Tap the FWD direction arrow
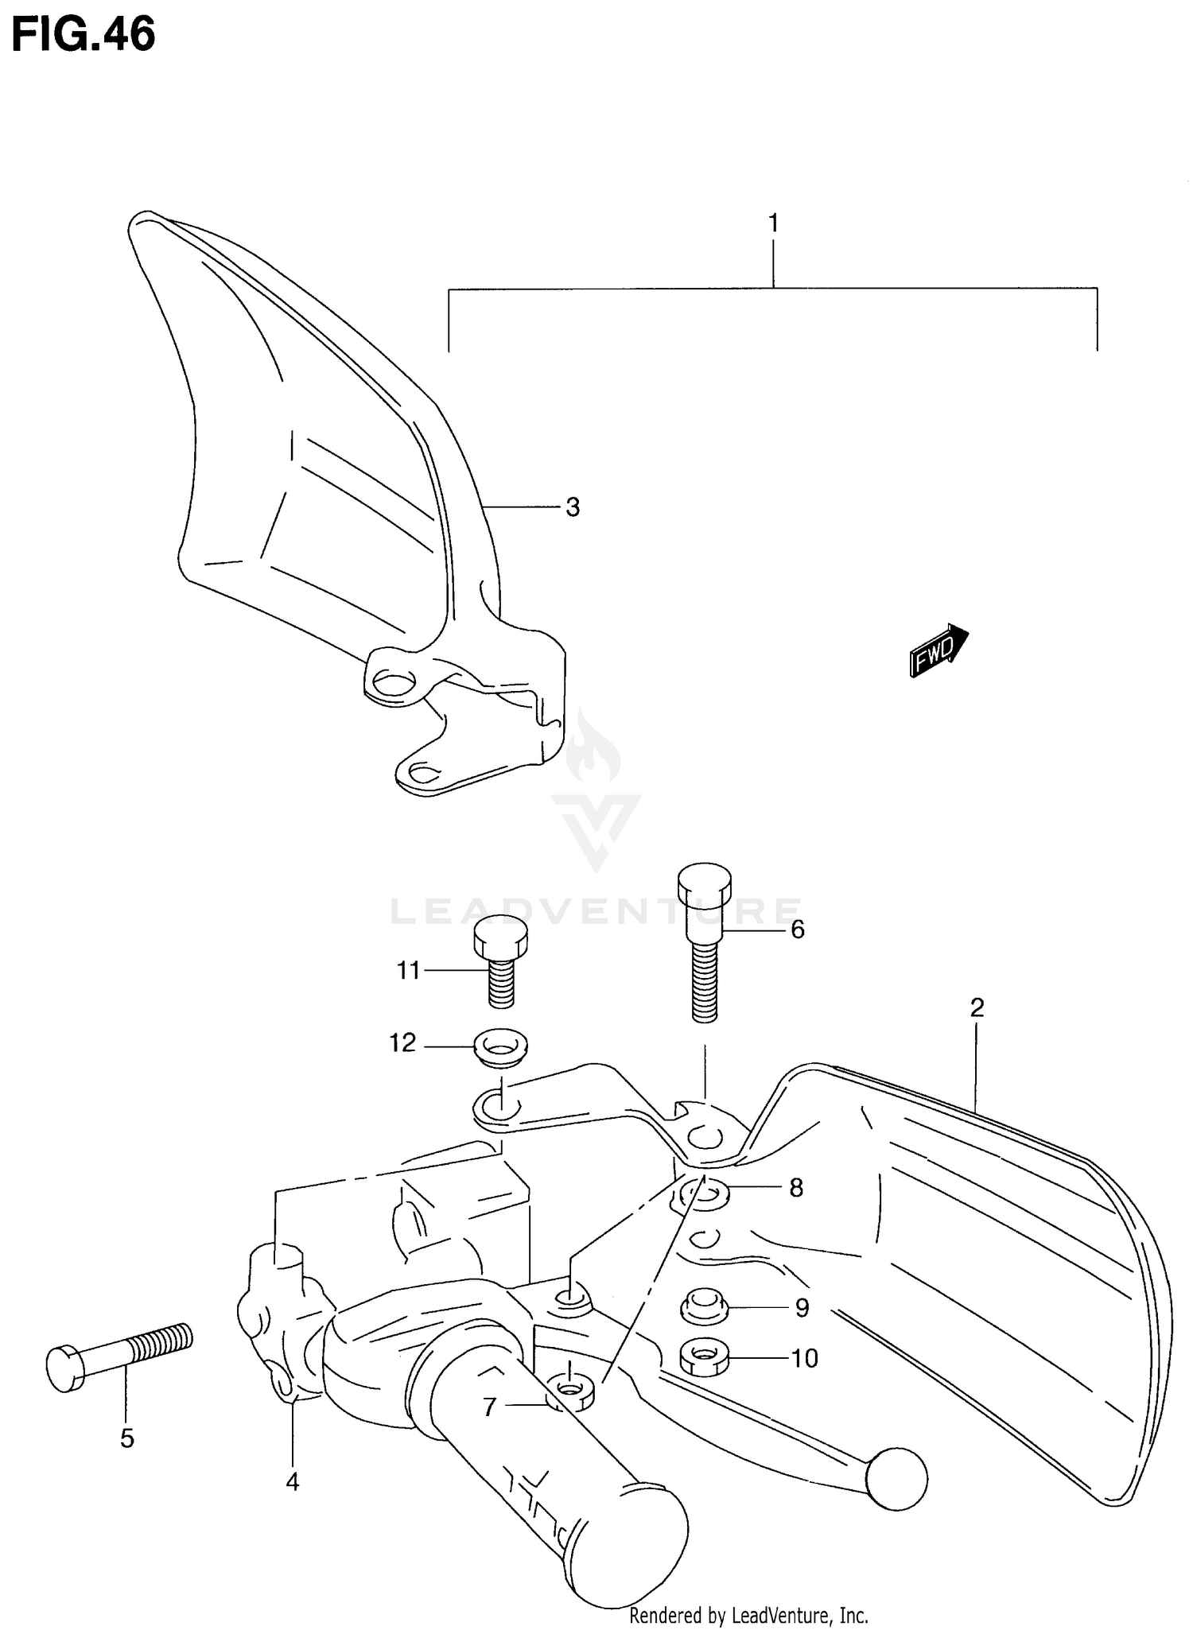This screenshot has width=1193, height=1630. tap(938, 650)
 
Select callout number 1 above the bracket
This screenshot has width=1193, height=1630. tap(772, 224)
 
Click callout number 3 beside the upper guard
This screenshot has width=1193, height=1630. tap(573, 506)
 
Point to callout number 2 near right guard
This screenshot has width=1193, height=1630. tap(977, 1007)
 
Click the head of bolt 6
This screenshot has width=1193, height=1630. tap(704, 884)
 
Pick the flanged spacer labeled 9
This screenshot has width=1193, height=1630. tap(705, 1304)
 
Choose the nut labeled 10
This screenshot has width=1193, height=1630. tap(705, 1356)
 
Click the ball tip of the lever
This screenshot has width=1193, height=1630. tap(896, 1477)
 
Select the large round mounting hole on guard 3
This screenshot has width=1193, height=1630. tap(393, 681)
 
